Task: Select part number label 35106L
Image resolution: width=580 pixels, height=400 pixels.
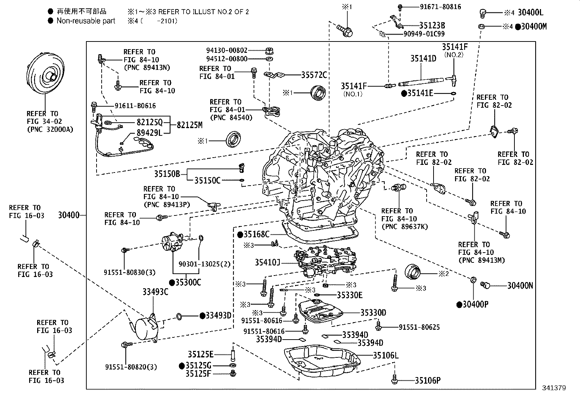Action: click(x=385, y=355)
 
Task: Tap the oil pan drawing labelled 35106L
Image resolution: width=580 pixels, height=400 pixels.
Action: click(x=322, y=363)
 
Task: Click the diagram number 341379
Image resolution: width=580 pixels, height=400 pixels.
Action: click(x=553, y=388)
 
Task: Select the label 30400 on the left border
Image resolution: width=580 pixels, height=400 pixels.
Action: click(x=68, y=215)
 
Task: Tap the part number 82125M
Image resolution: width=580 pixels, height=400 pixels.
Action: click(x=189, y=125)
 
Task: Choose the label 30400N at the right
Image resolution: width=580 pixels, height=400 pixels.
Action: click(x=520, y=286)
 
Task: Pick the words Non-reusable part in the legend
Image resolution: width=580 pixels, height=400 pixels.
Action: click(x=86, y=21)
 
